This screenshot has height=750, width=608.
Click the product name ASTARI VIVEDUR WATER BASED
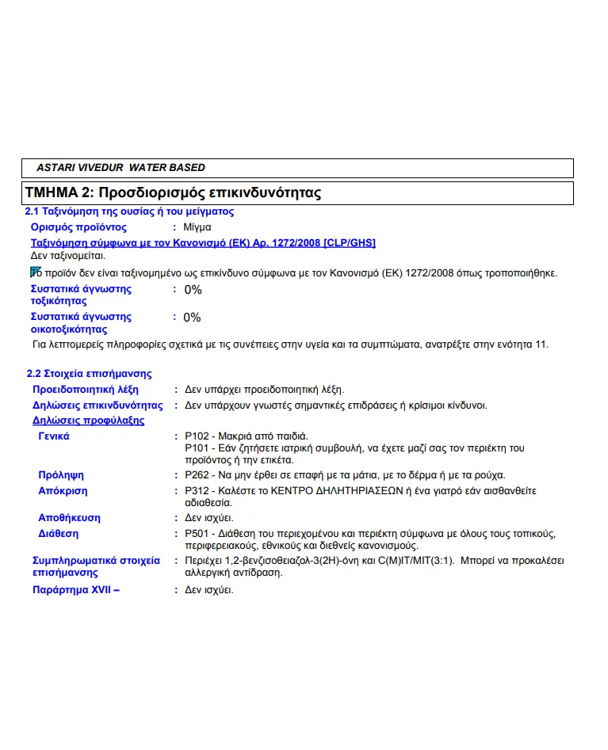tap(120, 168)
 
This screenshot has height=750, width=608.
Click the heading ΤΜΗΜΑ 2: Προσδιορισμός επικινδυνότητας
tap(173, 192)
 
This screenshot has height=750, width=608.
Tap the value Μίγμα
tap(197, 227)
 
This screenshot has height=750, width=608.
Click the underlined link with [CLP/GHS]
tap(203, 242)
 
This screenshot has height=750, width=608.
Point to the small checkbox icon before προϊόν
tap(35, 272)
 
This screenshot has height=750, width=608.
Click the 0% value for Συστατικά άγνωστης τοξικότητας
tap(193, 290)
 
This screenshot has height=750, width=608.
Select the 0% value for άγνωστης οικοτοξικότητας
tap(193, 318)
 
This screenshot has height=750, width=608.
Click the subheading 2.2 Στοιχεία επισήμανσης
tap(90, 373)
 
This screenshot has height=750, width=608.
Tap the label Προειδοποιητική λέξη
tap(86, 390)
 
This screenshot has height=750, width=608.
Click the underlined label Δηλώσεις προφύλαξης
tap(88, 421)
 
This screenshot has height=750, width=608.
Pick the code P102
tap(197, 436)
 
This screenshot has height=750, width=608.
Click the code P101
tap(197, 448)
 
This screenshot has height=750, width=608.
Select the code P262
tap(197, 475)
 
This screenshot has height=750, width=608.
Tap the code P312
tap(197, 491)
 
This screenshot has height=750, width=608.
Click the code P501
tap(197, 534)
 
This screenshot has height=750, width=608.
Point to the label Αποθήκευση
tap(70, 518)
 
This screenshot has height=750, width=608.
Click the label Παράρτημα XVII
tap(75, 589)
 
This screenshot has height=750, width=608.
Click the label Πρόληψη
tap(61, 475)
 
